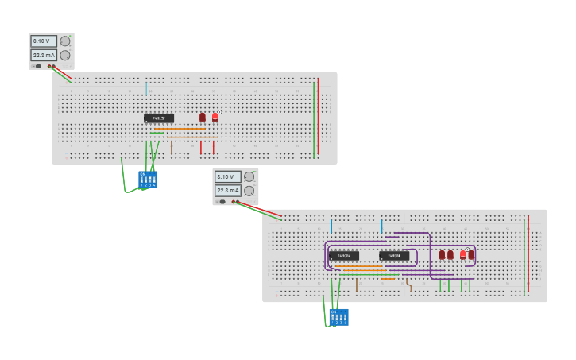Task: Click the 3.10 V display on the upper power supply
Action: pyautogui.click(x=43, y=41)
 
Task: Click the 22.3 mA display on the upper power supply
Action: pyautogui.click(x=43, y=56)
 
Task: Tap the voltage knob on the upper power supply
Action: pyautogui.click(x=65, y=41)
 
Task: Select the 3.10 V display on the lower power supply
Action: pyautogui.click(x=227, y=176)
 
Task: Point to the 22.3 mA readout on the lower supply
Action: pyautogui.click(x=227, y=191)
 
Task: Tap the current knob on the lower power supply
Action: pyautogui.click(x=249, y=191)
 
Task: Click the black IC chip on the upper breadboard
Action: pyautogui.click(x=159, y=118)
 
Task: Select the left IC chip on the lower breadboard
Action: pyautogui.click(x=343, y=256)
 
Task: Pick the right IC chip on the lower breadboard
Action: pyautogui.click(x=394, y=256)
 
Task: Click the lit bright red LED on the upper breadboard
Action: pyautogui.click(x=215, y=117)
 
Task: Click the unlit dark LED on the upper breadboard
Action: pyautogui.click(x=203, y=117)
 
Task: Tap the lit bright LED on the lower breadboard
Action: pyautogui.click(x=462, y=255)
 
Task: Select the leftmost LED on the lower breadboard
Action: pyautogui.click(x=442, y=255)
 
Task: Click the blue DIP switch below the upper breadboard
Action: pyautogui.click(x=148, y=180)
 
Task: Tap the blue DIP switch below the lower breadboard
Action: pyautogui.click(x=339, y=317)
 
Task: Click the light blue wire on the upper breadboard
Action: pyautogui.click(x=146, y=88)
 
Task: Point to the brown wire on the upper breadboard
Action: pyautogui.click(x=172, y=148)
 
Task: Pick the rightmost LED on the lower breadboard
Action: pyautogui.click(x=471, y=255)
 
